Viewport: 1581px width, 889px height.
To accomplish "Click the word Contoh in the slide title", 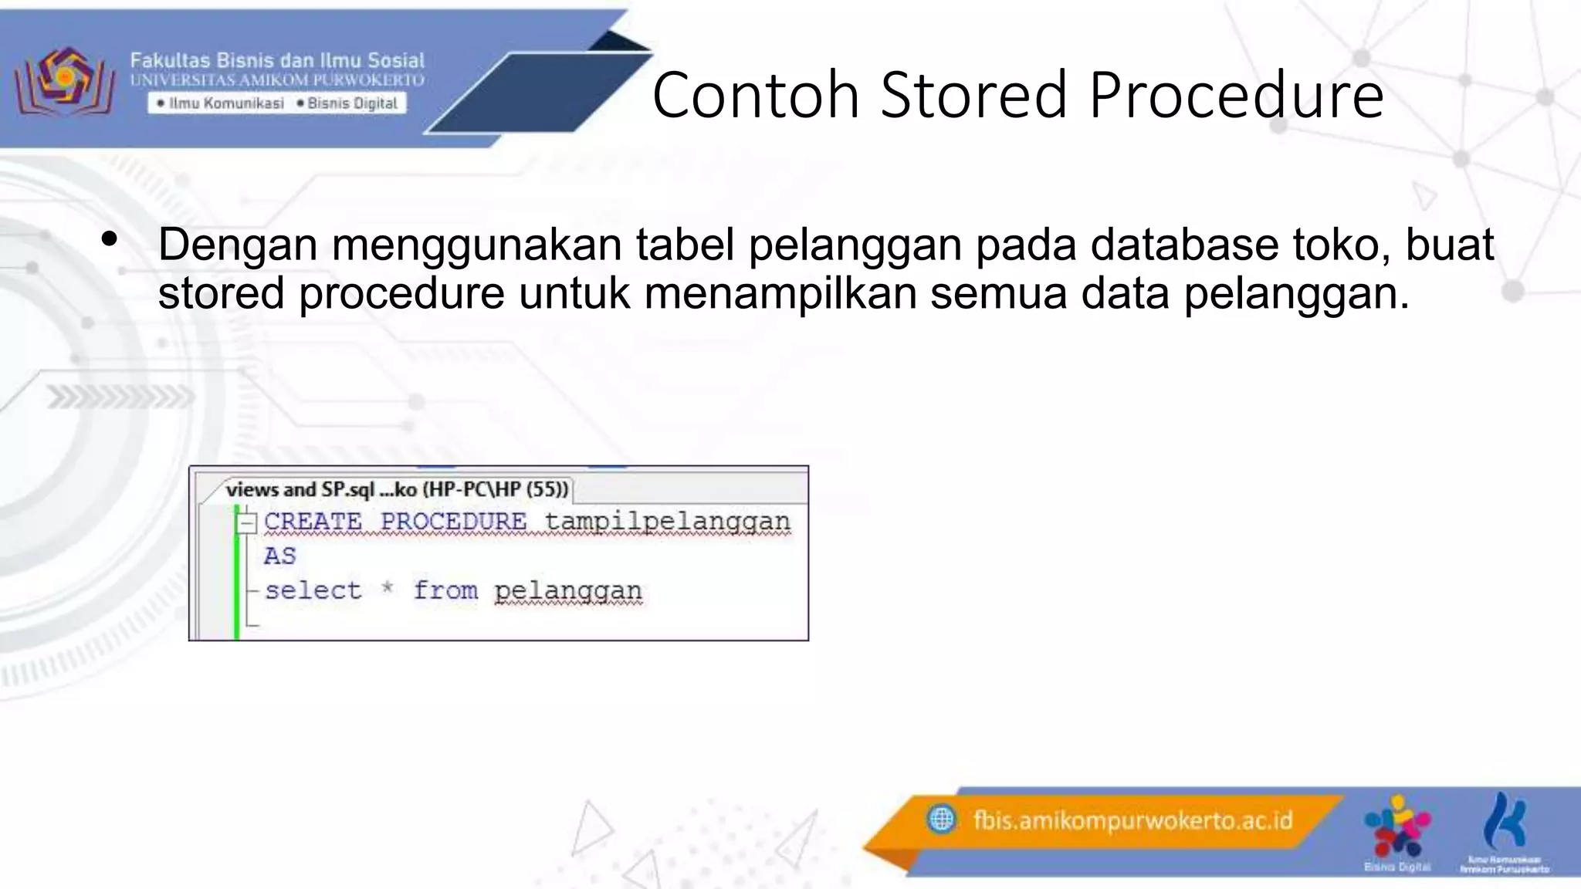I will tap(755, 95).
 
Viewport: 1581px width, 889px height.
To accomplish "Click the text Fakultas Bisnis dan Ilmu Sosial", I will tap(277, 60).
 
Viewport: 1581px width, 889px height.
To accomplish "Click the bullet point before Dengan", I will tap(110, 239).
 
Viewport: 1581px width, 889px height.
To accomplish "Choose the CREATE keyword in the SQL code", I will tap(313, 522).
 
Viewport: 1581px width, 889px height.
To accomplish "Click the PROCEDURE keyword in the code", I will tap(453, 522).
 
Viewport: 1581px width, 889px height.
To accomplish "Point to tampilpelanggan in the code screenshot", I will tap(667, 522).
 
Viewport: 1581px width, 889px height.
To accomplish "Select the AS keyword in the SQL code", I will tap(279, 556).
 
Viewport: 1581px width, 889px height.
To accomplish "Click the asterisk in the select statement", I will tap(388, 590).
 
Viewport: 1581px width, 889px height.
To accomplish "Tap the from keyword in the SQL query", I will tap(445, 590).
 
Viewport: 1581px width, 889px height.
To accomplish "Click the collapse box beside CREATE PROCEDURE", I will tap(246, 523).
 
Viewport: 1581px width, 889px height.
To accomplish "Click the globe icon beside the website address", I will tap(941, 819).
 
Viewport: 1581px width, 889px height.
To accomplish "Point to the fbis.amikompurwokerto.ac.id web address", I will tap(1132, 820).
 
